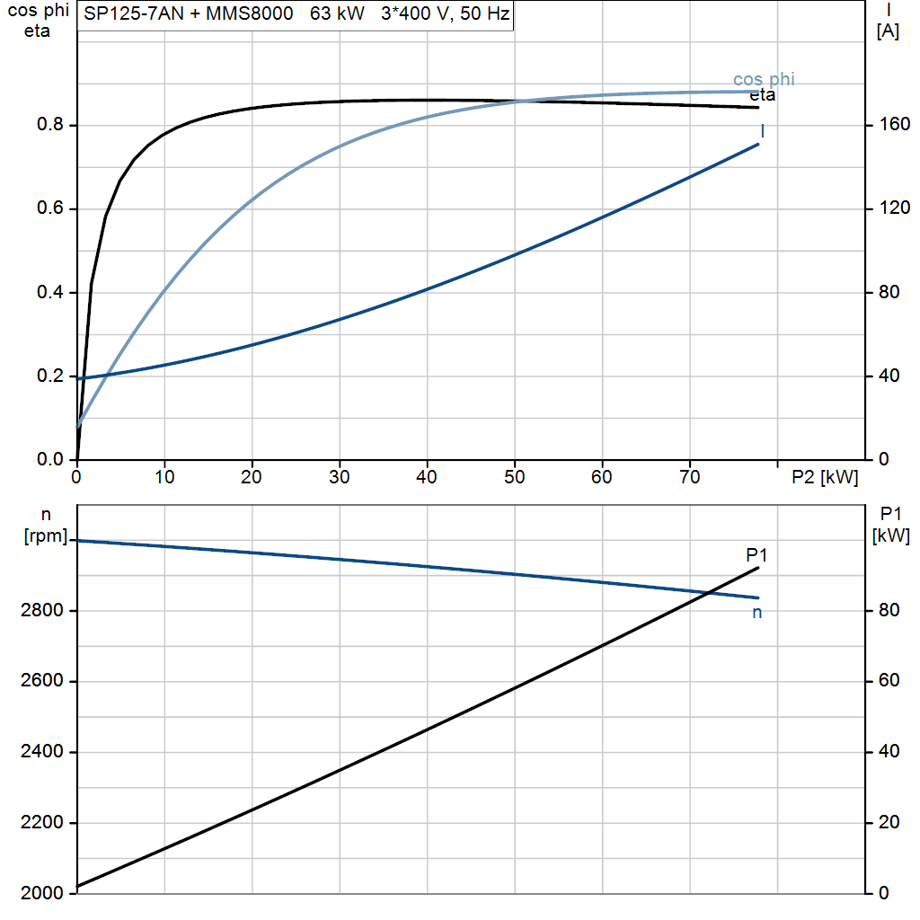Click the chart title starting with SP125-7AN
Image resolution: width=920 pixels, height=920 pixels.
296,13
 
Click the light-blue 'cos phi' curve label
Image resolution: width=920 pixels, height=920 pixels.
764,79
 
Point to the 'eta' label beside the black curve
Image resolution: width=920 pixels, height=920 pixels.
762,95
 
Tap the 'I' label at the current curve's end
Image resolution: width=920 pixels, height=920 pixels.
762,131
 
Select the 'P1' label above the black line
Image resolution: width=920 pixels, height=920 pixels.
756,554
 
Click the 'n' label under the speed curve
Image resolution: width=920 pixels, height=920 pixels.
756,613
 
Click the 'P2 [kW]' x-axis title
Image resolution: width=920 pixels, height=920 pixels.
825,477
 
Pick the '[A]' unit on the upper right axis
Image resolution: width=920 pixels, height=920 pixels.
888,31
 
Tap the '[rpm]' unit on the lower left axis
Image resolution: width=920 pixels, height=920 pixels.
46,535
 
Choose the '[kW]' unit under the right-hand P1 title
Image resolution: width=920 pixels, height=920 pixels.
890,535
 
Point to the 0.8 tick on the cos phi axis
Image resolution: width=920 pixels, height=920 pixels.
50,124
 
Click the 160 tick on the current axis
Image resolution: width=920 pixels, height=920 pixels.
894,124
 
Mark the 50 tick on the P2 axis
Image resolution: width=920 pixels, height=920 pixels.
515,477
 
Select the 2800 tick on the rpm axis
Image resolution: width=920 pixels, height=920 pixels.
41,611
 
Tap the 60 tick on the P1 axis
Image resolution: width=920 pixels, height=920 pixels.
889,681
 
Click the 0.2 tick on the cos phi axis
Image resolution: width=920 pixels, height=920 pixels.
50,376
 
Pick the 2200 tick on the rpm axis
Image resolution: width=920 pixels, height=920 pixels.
41,823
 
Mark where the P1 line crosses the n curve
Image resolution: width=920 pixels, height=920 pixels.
708,593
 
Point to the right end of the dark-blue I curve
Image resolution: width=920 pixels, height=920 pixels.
758,145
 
